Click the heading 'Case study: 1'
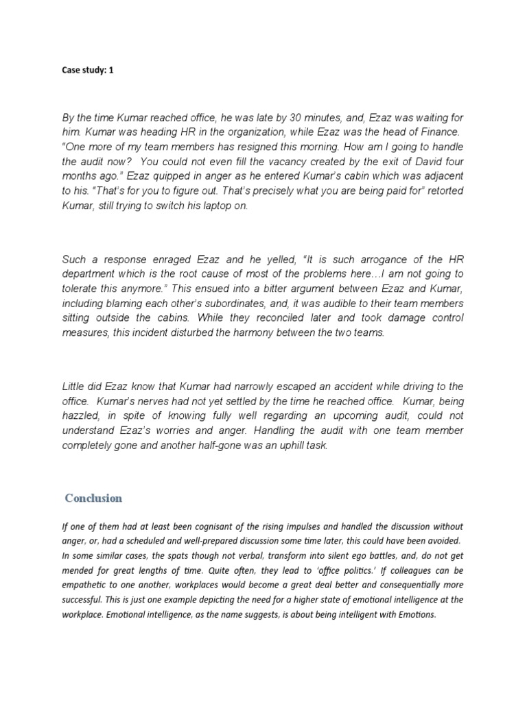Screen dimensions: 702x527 click(x=87, y=70)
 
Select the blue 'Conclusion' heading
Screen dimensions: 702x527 click(x=93, y=498)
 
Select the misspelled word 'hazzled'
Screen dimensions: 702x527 click(x=81, y=415)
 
